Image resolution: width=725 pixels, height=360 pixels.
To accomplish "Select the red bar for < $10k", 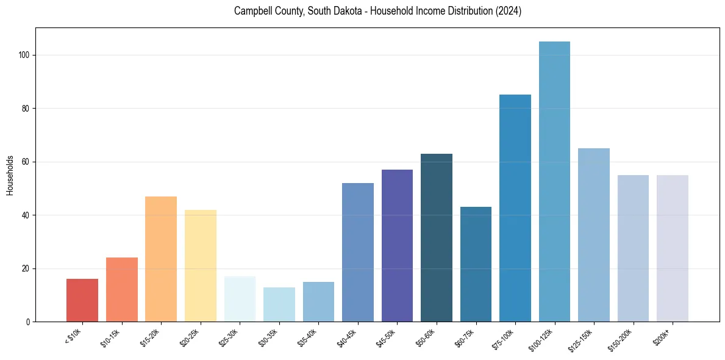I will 82,300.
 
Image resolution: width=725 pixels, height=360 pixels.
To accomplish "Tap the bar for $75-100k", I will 515,208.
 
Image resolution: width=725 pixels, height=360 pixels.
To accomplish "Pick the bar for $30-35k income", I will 279,304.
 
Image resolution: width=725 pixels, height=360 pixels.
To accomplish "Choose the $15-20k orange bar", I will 161,259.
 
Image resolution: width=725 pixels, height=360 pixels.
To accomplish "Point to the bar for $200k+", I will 673,248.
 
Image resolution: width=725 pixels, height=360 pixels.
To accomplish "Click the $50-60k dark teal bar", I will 437,237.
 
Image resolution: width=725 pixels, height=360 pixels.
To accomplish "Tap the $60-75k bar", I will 476,264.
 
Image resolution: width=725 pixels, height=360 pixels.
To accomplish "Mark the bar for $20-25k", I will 201,265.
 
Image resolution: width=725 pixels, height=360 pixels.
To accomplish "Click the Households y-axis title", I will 10,175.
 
